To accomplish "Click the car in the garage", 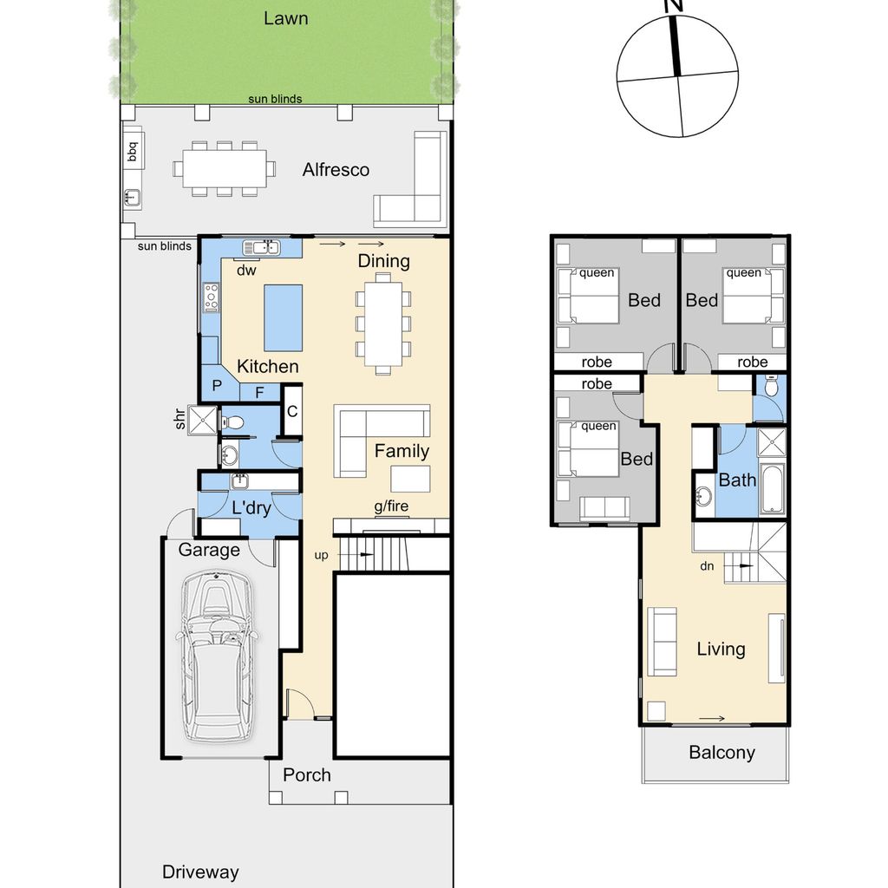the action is pyautogui.click(x=217, y=656).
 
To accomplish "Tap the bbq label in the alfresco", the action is pyautogui.click(x=132, y=151).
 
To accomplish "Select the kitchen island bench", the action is pyautogui.click(x=284, y=318).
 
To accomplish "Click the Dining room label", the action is pyautogui.click(x=383, y=261).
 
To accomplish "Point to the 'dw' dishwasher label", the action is pyautogui.click(x=246, y=271).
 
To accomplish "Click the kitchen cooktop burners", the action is pyautogui.click(x=212, y=297).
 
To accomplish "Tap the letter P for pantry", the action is pyautogui.click(x=217, y=386).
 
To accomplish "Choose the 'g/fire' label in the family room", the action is pyautogui.click(x=391, y=506).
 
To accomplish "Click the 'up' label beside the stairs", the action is pyautogui.click(x=321, y=556).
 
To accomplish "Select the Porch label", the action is pyautogui.click(x=307, y=774).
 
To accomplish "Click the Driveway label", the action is pyautogui.click(x=200, y=872).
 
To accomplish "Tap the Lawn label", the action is pyautogui.click(x=286, y=18).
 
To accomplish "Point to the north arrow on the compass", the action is pyautogui.click(x=675, y=45).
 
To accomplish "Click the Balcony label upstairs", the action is pyautogui.click(x=722, y=753).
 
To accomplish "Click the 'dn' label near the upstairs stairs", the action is pyautogui.click(x=707, y=565).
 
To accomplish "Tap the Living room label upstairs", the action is pyautogui.click(x=721, y=649).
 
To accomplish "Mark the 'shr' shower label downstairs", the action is pyautogui.click(x=180, y=419).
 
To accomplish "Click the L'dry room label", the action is pyautogui.click(x=251, y=508).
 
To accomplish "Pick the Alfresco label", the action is pyautogui.click(x=336, y=170).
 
